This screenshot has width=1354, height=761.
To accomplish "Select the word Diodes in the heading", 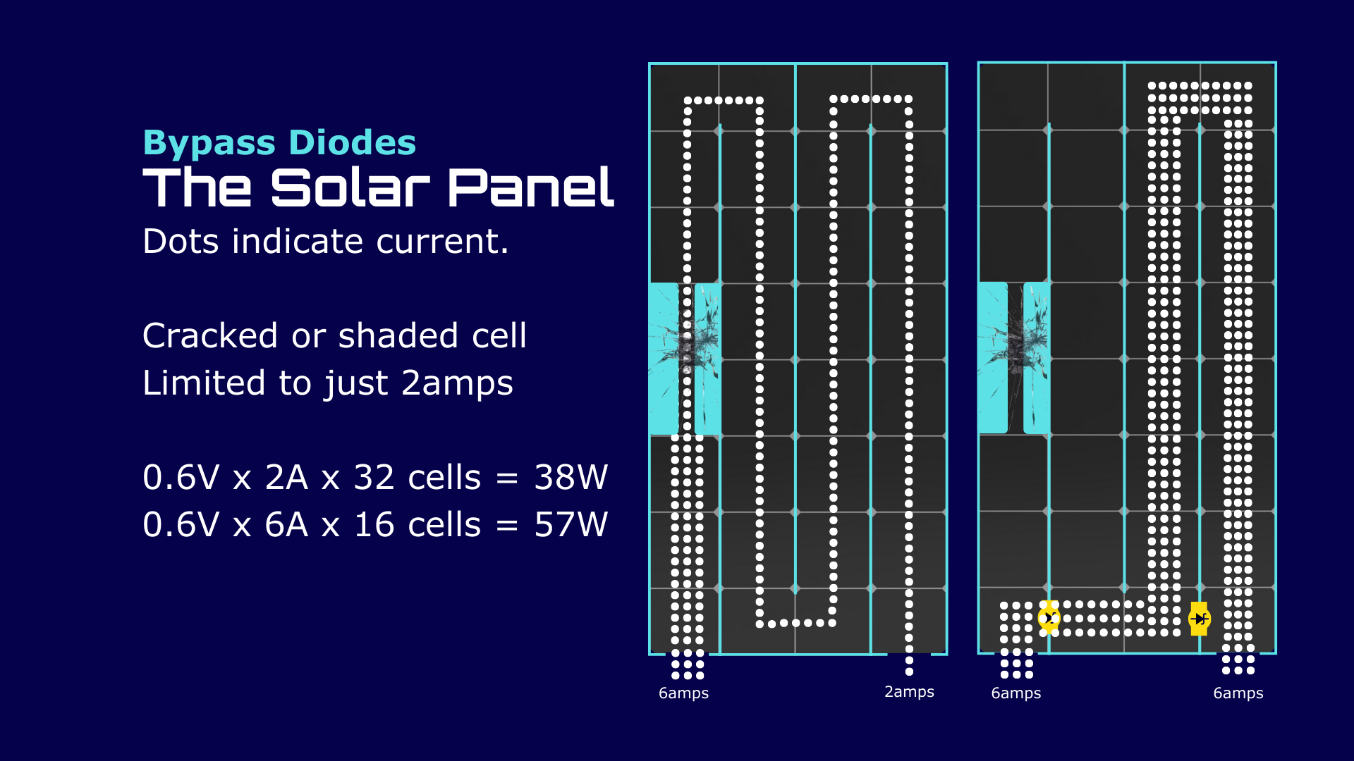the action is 353,142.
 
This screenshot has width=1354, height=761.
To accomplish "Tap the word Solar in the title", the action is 350,188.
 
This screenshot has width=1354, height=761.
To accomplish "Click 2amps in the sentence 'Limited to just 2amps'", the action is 457,385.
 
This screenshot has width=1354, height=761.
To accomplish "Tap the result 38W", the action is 571,478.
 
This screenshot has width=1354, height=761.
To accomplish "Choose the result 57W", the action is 571,525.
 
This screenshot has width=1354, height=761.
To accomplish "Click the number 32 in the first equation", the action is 374,478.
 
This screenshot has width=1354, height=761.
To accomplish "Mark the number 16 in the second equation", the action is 374,525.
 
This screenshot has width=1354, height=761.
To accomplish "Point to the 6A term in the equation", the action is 286,525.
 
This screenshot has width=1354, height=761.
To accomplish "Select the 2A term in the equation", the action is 286,478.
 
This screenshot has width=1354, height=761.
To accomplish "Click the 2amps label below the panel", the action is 909,693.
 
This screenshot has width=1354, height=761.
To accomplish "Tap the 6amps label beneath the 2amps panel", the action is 683,693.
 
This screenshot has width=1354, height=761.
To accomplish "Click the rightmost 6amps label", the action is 1238,693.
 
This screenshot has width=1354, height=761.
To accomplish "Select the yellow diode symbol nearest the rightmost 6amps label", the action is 1199,619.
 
